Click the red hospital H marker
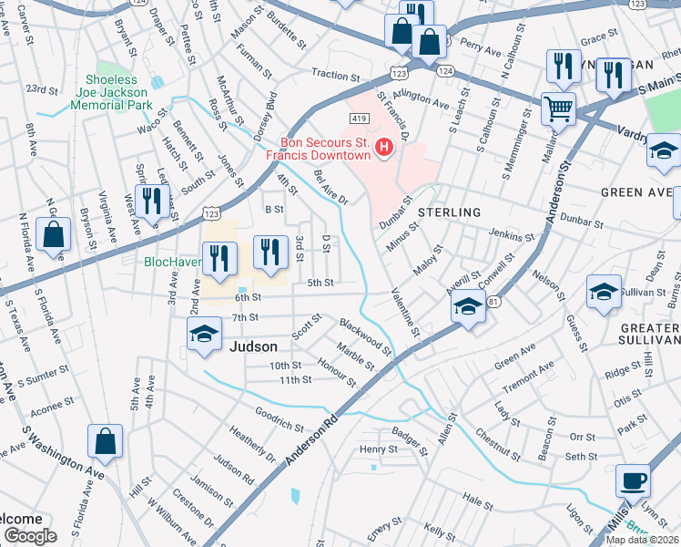tap(384, 147)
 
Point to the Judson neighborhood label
tap(254, 347)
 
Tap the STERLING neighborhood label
tap(449, 212)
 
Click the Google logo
tap(29, 535)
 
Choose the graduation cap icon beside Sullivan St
tap(603, 292)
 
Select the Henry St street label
tap(378, 449)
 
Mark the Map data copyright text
tap(642, 540)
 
